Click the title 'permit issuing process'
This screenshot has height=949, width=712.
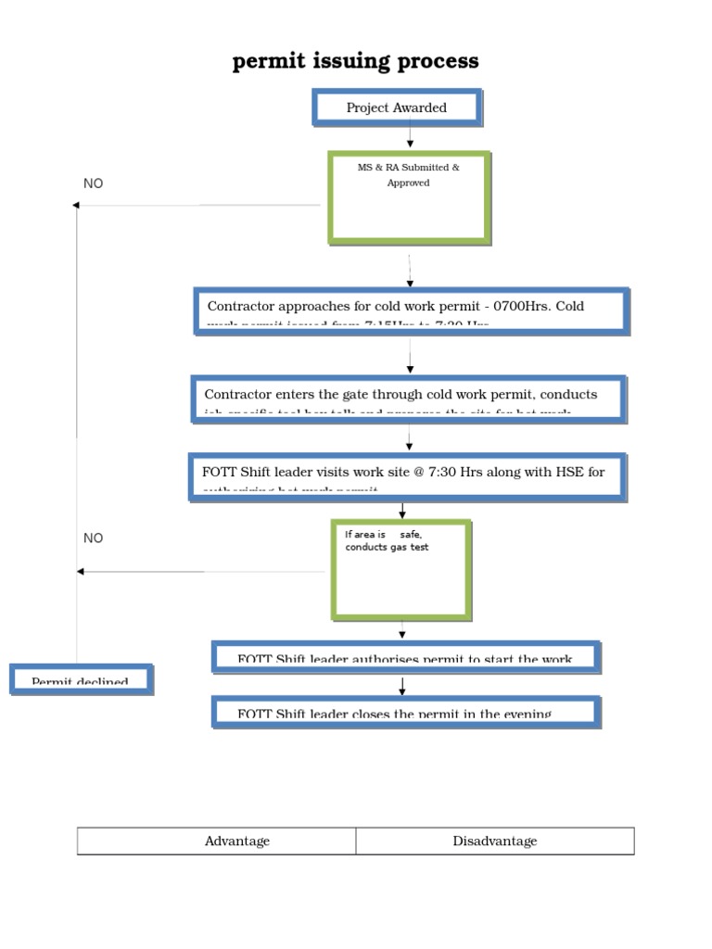[x=355, y=61]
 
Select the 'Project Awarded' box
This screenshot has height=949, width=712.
[x=397, y=108]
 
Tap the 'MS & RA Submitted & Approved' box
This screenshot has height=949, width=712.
[x=409, y=197]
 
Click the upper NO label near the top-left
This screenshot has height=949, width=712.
[x=93, y=183]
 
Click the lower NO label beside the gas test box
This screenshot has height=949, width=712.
[x=93, y=538]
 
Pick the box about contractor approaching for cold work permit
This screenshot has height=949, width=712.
[x=412, y=310]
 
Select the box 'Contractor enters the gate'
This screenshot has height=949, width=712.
[x=409, y=399]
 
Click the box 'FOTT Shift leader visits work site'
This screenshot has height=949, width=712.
[x=407, y=476]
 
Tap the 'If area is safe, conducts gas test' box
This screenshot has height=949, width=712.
[x=401, y=569]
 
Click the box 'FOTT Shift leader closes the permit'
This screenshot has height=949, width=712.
[x=406, y=711]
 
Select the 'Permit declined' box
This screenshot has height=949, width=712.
[x=81, y=679]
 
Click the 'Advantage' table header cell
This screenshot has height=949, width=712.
[x=237, y=841]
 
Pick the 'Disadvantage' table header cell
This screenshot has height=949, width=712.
[x=494, y=841]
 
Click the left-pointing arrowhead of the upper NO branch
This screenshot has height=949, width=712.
[x=77, y=205]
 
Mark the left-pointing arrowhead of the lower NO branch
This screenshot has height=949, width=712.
[x=81, y=572]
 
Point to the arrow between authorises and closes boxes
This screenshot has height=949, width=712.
[x=402, y=687]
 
